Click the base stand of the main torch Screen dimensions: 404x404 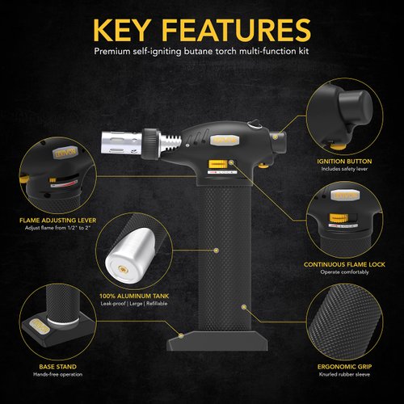coord(217,340)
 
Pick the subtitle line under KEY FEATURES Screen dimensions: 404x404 coord(202,50)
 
